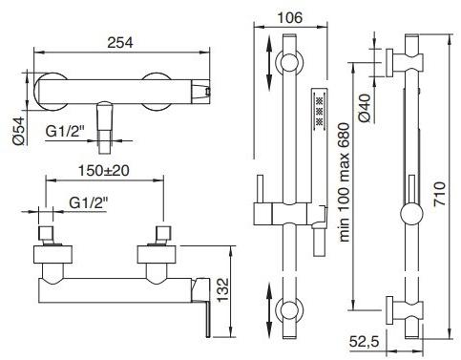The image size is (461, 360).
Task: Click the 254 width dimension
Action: point(120,42)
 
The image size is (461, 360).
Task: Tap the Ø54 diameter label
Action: point(18,131)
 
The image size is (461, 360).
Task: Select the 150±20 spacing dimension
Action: point(104,171)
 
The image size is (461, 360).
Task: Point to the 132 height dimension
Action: point(222,289)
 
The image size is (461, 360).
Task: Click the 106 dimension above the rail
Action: point(289,18)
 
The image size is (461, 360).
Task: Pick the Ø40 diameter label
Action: point(364,108)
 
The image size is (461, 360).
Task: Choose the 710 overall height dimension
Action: point(439,194)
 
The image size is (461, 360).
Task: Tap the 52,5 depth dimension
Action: point(365,342)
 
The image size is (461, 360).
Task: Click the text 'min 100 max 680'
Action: point(344,182)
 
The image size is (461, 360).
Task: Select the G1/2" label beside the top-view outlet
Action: point(66,131)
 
